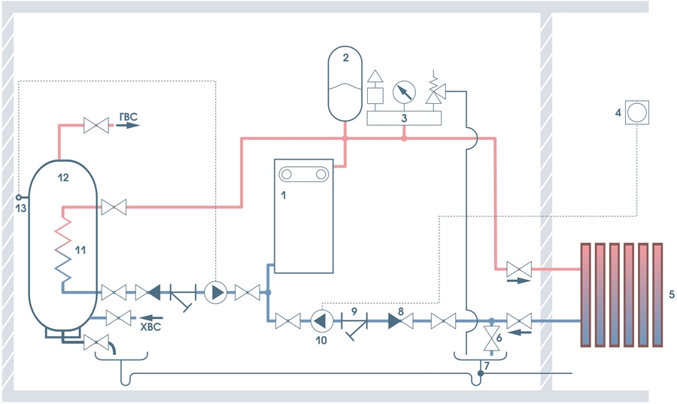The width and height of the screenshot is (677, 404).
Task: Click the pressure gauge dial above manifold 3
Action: (x=405, y=92)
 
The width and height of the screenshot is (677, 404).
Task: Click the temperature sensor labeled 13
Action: (x=20, y=198)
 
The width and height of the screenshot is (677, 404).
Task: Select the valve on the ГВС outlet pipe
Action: (x=96, y=125)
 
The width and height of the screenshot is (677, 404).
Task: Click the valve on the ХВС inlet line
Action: (x=118, y=317)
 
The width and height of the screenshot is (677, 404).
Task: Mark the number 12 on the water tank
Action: (x=63, y=178)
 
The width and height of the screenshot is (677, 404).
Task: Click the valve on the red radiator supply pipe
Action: (x=518, y=269)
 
